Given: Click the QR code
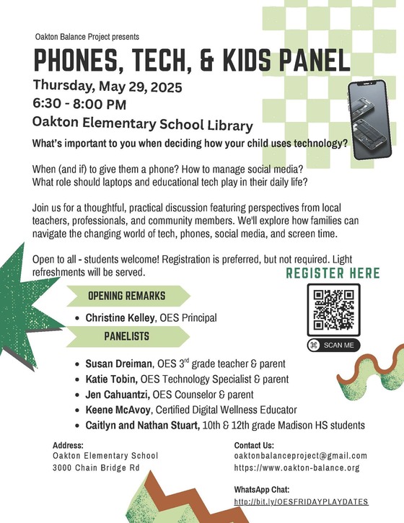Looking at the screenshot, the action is click(x=333, y=309).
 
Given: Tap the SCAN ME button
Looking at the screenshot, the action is click(x=333, y=346).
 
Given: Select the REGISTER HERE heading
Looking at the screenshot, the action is click(x=333, y=273).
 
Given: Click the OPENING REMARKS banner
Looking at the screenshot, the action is click(x=127, y=296).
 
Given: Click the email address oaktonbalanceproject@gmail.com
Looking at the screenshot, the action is click(x=301, y=456).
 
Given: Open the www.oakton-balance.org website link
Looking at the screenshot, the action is click(x=297, y=468).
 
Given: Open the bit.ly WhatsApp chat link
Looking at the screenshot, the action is click(x=301, y=501).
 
